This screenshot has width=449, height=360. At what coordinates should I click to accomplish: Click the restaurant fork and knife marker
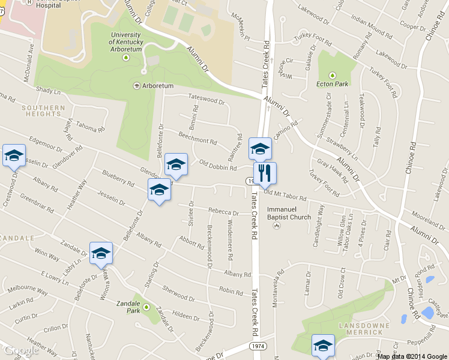(x=265, y=174)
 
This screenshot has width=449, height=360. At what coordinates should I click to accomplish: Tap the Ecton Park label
(x=332, y=84)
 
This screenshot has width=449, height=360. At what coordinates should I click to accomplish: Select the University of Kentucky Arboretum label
(x=126, y=42)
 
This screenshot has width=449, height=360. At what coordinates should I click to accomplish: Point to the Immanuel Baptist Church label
(x=289, y=217)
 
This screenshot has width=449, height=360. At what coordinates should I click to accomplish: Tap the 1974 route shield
(x=257, y=347)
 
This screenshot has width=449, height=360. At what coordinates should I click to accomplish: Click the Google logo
(x=21, y=350)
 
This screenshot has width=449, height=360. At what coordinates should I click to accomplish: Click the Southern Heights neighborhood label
(x=43, y=112)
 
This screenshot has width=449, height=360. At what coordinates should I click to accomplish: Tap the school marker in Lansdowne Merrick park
(x=323, y=346)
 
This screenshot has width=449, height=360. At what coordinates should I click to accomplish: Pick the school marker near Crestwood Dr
(x=14, y=156)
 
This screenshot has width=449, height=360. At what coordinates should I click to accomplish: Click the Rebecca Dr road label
(x=223, y=211)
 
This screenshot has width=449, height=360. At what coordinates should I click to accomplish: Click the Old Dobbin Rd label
(x=218, y=165)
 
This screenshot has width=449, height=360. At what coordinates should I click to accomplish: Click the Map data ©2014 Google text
(x=412, y=356)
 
